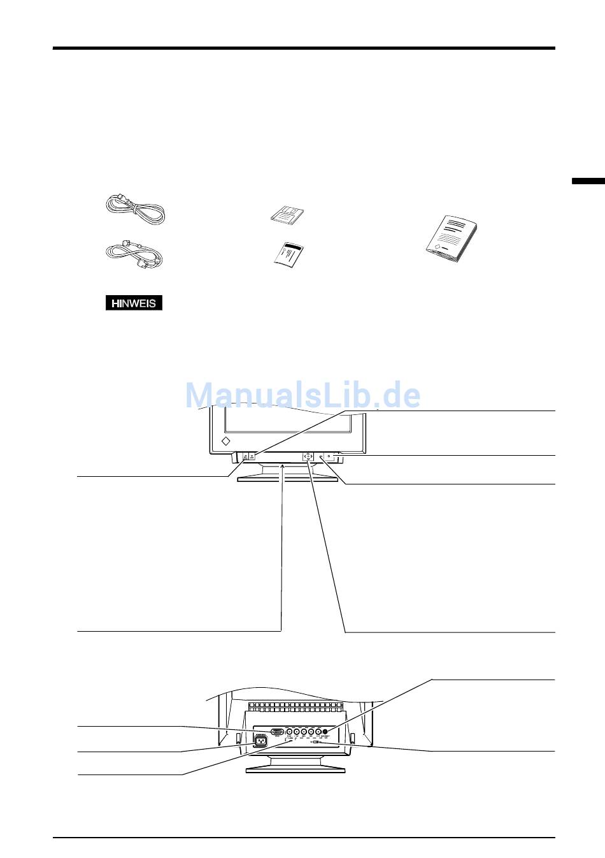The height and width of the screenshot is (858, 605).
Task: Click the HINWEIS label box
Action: pos(134,303)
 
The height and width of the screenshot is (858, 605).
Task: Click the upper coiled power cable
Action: pos(134,208)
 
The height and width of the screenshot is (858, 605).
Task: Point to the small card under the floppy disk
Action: pos(288,254)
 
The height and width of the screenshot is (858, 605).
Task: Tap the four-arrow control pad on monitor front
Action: pos(307,456)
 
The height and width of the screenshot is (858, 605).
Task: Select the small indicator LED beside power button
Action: pos(321,456)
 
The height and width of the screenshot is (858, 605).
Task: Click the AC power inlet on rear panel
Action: pos(260,741)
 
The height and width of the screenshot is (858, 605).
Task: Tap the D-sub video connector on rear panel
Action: pos(278,732)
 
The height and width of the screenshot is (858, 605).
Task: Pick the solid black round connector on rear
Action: pos(326,732)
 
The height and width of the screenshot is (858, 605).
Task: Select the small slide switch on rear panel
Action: pos(316,742)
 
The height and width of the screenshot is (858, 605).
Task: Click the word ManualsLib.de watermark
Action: pos(302,396)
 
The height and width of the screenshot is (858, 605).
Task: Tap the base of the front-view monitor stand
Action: pos(288,479)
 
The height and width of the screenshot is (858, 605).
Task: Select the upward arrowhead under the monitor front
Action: pos(282,467)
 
